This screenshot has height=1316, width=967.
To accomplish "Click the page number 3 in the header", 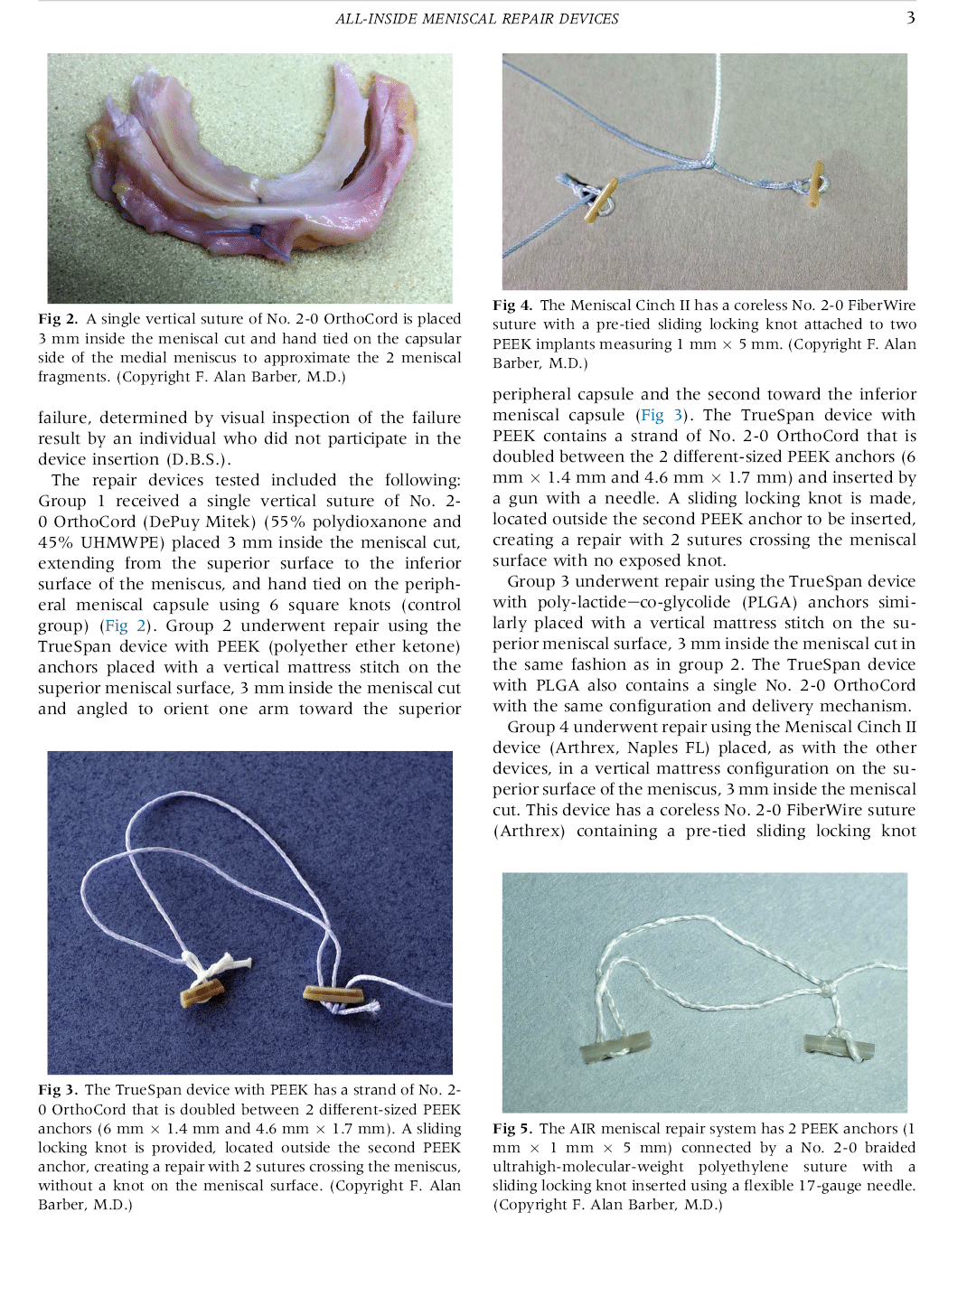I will (910, 17).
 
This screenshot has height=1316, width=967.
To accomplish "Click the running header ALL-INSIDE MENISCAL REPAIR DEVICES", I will (476, 19).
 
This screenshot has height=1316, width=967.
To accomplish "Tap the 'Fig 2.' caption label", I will (58, 319).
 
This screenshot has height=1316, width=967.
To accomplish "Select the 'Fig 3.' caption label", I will (58, 1090).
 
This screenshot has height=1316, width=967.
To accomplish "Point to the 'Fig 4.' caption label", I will (512, 305).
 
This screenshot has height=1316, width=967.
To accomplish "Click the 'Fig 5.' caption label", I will (512, 1129).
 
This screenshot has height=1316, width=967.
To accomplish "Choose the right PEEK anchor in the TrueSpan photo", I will (333, 995).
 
